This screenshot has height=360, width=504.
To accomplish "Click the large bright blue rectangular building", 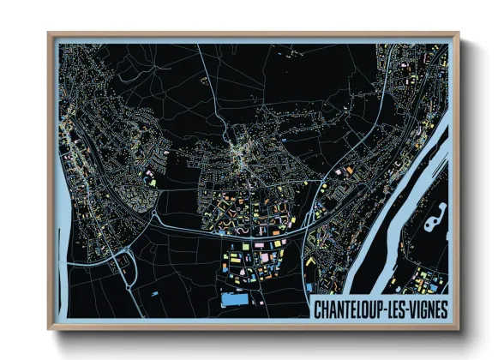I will coord(234,300).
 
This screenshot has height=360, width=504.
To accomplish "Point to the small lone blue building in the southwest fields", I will coord(155,293).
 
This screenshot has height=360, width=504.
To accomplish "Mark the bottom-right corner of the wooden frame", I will coord(458,329).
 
